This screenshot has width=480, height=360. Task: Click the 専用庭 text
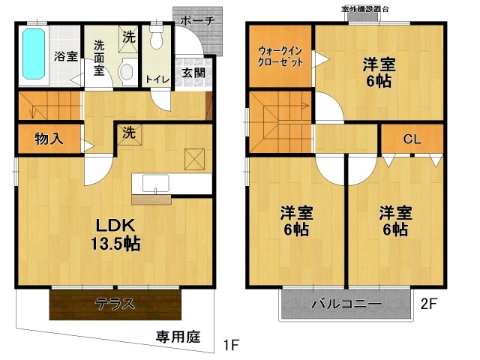[178, 337]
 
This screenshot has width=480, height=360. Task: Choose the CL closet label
[412, 139]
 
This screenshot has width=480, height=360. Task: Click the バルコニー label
[346, 304]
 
